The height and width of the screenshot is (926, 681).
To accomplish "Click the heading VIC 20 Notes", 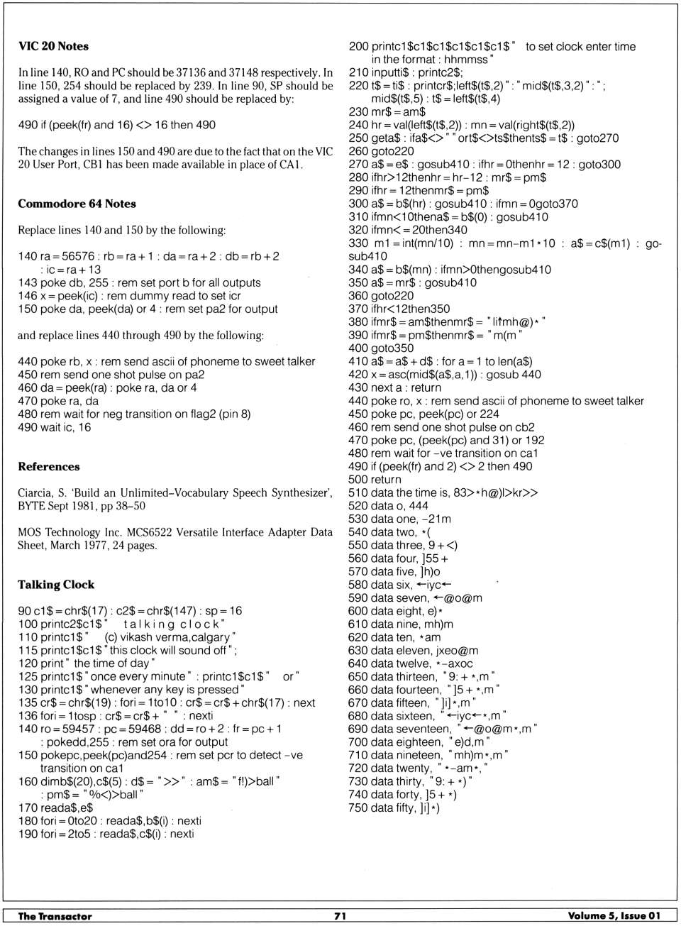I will (53, 46).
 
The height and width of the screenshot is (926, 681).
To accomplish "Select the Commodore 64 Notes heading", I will (77, 204).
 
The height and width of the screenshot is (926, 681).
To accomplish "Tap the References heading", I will (49, 466).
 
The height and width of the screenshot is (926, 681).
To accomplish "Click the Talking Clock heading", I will (56, 585).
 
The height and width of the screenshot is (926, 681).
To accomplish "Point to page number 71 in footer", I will (340, 916).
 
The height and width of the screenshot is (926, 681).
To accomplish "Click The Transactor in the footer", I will (55, 916).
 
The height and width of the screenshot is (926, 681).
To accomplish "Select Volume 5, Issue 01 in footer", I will (614, 916).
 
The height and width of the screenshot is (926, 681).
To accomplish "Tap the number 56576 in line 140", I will (76, 256).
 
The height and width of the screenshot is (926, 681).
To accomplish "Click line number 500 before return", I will (358, 480).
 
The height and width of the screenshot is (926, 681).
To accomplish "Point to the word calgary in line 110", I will (210, 637).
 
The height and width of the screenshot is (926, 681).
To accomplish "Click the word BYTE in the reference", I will (33, 506).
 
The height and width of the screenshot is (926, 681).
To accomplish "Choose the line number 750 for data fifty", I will (358, 808).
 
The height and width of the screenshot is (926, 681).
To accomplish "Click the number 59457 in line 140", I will (78, 729).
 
